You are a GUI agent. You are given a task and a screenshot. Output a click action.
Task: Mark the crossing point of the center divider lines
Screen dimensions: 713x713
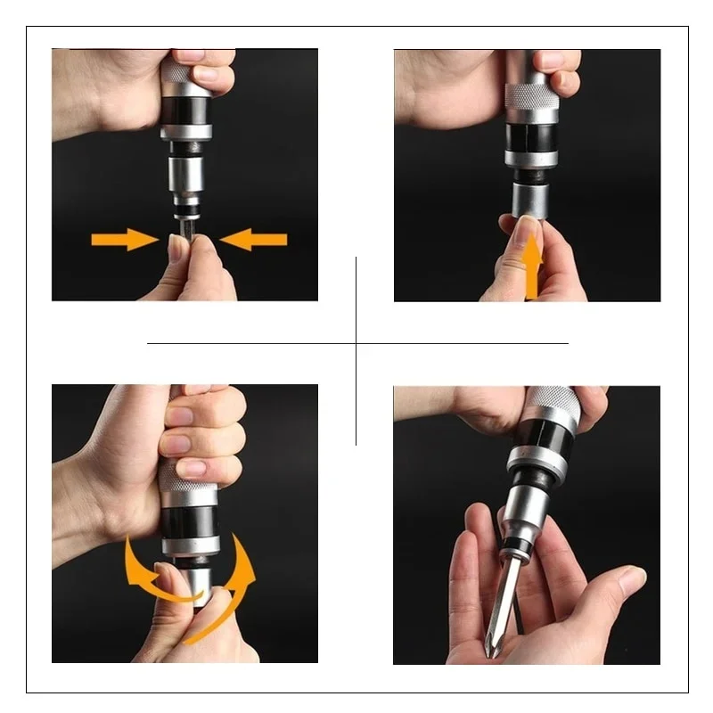(356, 343)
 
